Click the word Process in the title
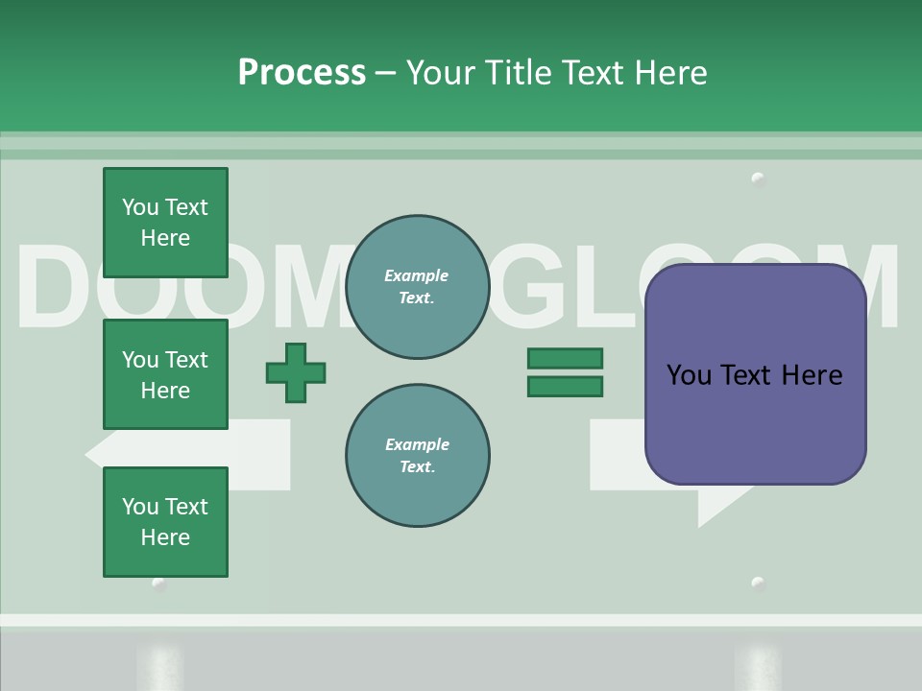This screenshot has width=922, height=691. point(302,72)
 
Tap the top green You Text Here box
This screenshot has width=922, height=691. point(165,223)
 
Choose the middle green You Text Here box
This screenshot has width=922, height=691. point(165,374)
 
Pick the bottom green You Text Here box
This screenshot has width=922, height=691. point(165,522)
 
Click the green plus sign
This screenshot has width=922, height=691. point(296,372)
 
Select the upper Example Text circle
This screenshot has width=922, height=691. point(417,287)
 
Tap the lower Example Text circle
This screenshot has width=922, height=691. point(417,456)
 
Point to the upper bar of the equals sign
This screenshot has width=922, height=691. point(565,358)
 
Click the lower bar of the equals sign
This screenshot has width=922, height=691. point(565,386)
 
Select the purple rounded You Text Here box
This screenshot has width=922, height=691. point(755,374)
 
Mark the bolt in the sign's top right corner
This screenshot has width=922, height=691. point(758,179)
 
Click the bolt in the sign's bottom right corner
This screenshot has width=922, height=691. point(758,583)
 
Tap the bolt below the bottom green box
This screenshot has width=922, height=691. point(159,584)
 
